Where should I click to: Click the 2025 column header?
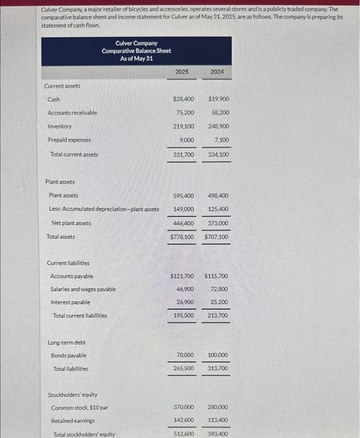tap(181, 72)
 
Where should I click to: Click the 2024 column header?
tap(216, 72)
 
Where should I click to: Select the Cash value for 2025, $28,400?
tap(182, 99)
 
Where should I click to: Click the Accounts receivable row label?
tap(72, 113)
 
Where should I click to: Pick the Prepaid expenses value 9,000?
tap(186, 140)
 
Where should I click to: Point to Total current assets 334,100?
tap(217, 154)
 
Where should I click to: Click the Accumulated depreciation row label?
tap(104, 209)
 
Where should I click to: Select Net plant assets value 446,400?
tap(182, 223)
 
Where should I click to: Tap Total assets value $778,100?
tap(182, 237)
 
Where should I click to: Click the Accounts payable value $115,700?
tap(216, 276)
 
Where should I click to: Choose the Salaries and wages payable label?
tap(82, 290)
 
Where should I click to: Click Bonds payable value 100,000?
tap(217, 355)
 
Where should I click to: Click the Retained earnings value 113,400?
tap(217, 420)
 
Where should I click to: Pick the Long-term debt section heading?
tap(67, 342)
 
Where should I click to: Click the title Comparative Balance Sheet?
tap(136, 51)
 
